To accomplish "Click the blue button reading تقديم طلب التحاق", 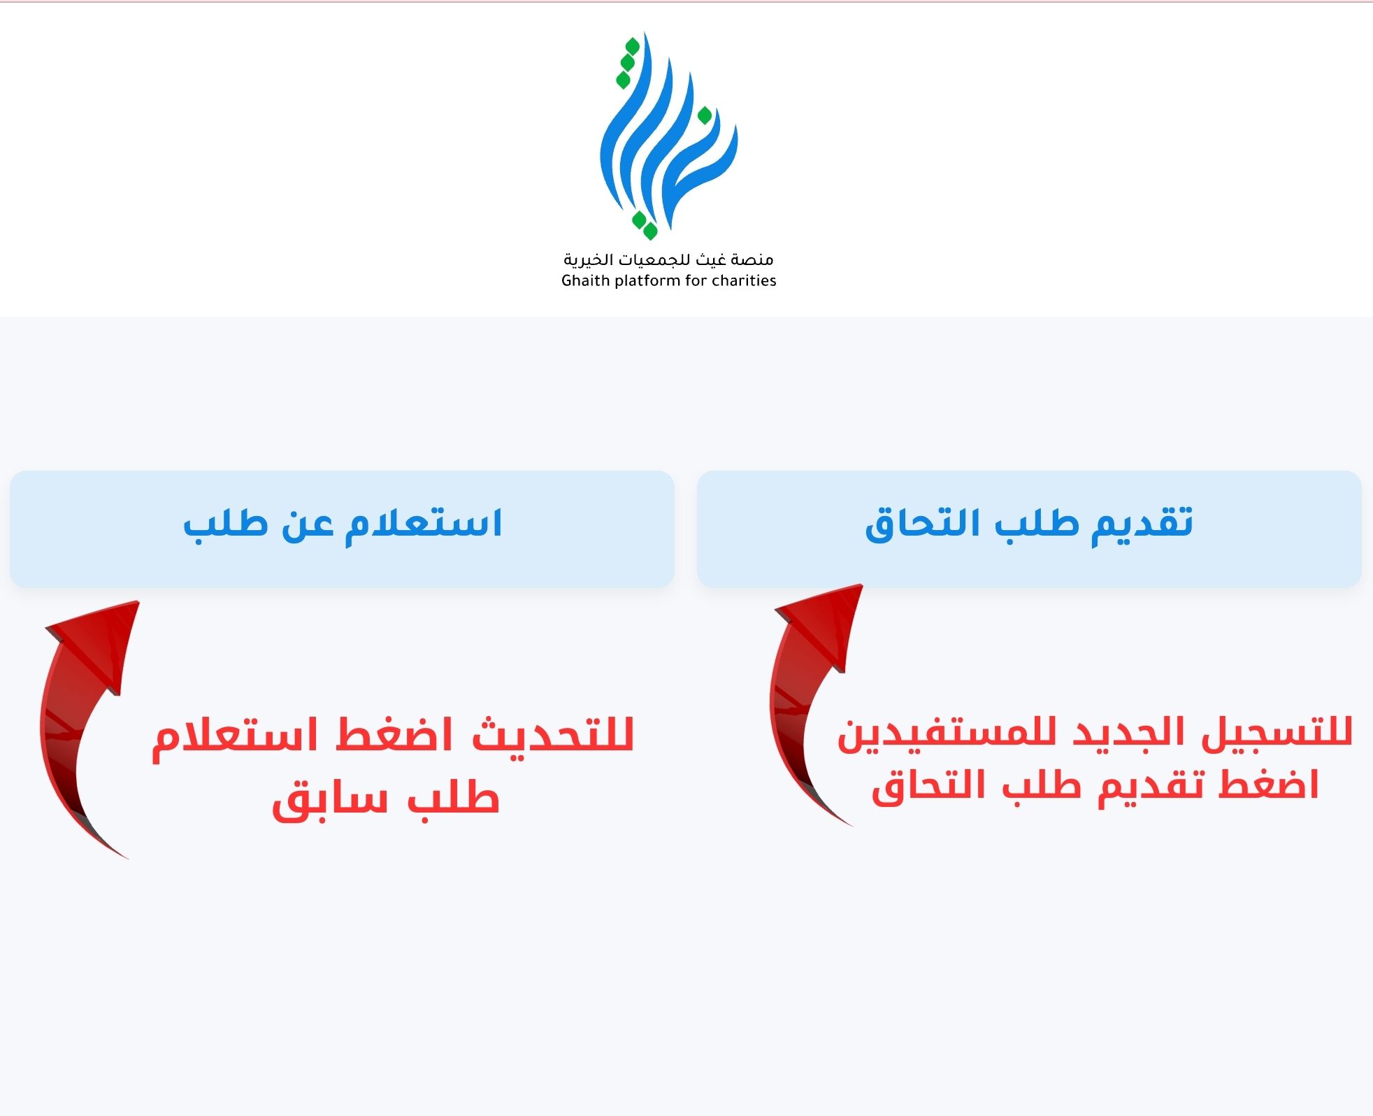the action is pos(1029,529).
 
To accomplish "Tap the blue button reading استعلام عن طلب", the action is pos(342,529).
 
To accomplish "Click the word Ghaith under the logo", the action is pos(584,280).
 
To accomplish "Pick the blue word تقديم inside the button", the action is pos(1142,524).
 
